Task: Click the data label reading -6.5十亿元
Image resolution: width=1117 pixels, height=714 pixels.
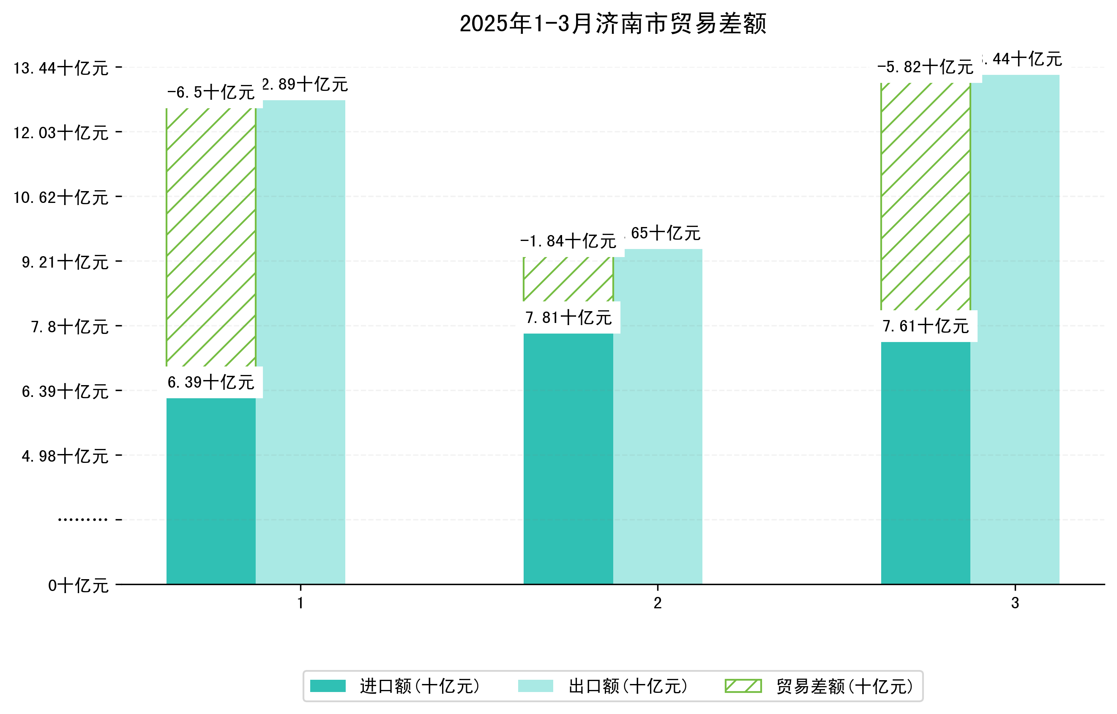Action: coord(211,92)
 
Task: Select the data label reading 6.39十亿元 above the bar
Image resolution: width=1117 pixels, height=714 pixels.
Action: coord(211,382)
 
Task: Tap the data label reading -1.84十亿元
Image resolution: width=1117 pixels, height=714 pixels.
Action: coord(568,241)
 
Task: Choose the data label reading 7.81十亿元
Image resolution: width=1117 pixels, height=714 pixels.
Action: coord(568,318)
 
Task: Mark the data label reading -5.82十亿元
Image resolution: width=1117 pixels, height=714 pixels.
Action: coord(926,67)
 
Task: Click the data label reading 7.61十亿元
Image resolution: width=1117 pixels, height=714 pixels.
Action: coord(926,326)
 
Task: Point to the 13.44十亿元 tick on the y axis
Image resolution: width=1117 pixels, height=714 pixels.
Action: coord(61,68)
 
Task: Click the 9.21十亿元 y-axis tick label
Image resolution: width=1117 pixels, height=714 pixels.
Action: coord(65,262)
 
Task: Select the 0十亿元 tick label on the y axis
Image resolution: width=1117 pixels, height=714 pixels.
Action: coord(78,585)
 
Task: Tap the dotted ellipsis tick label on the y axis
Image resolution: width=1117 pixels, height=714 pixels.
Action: coord(82,520)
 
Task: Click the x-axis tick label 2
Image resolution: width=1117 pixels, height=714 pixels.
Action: coord(657,603)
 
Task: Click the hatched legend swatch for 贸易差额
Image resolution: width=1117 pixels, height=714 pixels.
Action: coord(743,686)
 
